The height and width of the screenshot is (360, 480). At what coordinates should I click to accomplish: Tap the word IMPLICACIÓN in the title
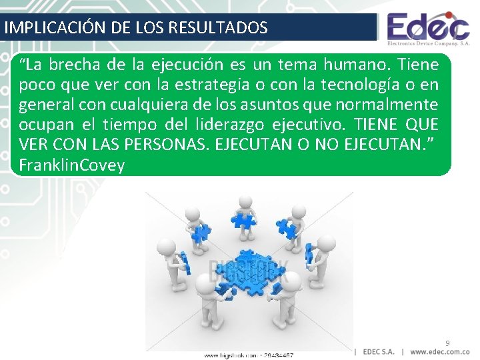(41, 28)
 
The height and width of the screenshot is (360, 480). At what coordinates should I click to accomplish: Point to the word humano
(357, 65)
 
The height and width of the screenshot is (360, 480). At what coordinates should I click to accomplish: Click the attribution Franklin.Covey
(72, 165)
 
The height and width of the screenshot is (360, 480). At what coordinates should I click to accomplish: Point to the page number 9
(447, 343)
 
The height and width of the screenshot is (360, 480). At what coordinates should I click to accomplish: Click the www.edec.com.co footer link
(440, 351)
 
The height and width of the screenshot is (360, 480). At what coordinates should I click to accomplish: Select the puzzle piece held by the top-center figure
(240, 221)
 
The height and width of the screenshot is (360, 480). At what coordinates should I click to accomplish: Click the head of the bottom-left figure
(203, 285)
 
